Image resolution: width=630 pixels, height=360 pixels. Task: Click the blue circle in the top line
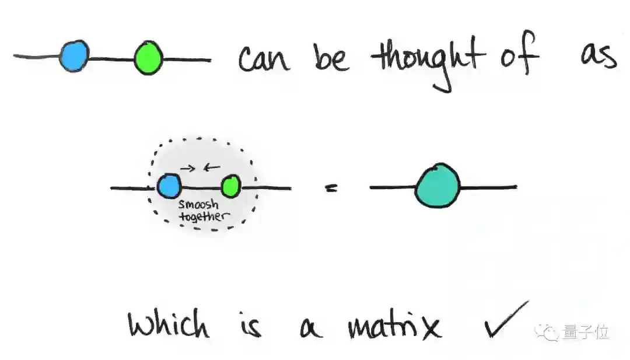(75, 56)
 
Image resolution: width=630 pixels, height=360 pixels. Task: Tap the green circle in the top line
(148, 59)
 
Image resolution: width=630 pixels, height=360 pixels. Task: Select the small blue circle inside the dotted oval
(169, 187)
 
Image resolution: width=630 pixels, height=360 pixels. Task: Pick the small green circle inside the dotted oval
(232, 187)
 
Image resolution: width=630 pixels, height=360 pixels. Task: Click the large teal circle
(437, 186)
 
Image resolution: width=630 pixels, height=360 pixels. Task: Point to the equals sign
(331, 188)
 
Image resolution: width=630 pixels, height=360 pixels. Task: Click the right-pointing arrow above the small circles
(187, 168)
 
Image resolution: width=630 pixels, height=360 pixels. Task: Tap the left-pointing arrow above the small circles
(211, 168)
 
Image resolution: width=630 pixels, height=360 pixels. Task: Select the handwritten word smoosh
(198, 205)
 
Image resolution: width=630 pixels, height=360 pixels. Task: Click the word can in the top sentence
(264, 60)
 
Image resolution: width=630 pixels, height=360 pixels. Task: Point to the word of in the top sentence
(519, 57)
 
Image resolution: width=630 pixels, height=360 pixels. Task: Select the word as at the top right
(598, 57)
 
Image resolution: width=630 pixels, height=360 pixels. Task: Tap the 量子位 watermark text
(586, 333)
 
